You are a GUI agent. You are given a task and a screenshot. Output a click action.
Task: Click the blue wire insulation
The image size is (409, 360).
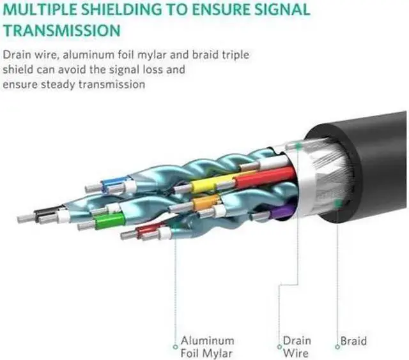pos(114,185)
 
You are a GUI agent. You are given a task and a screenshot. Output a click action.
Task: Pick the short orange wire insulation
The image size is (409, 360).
pos(206,203)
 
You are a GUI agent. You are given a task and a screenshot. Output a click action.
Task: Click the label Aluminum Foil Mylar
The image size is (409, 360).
pos(207,347)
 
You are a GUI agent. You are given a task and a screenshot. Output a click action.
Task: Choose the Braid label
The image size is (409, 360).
pos(353,341)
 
